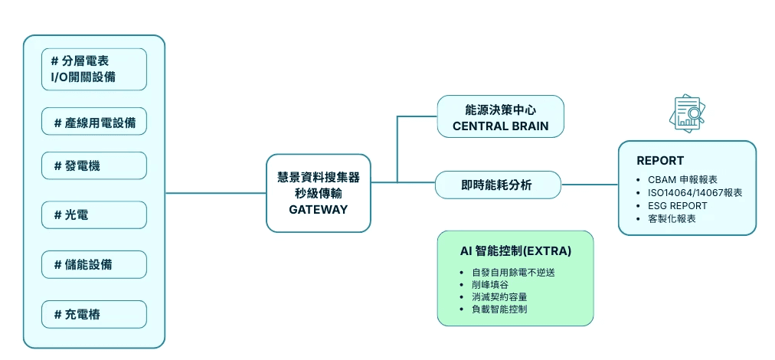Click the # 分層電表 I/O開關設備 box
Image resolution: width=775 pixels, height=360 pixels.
[94, 69]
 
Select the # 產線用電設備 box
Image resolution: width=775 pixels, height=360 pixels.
[94, 122]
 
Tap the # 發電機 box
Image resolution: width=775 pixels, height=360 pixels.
[94, 165]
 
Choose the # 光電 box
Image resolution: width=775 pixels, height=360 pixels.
[94, 215]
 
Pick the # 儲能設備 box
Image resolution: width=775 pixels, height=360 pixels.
[94, 264]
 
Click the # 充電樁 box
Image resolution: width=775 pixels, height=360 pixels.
[94, 314]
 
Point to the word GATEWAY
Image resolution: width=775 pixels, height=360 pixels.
[318, 209]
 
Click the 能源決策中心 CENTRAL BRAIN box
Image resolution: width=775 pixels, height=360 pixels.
[500, 116]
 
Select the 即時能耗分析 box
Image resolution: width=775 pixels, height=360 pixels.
[497, 185]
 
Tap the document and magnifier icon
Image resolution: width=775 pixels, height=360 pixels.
[687, 113]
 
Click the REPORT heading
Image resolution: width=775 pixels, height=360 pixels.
[660, 161]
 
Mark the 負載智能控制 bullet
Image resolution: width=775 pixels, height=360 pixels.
[499, 309]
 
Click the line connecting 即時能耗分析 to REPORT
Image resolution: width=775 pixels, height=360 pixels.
[590, 185]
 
